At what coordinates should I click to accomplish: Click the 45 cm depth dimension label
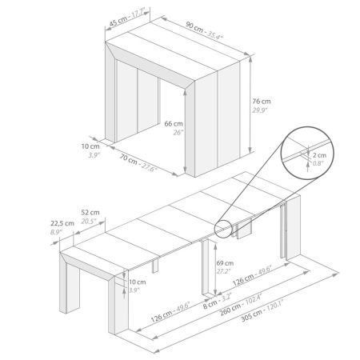(118, 22)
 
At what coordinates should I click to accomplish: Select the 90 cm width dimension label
(194, 27)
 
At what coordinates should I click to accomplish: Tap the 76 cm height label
(262, 102)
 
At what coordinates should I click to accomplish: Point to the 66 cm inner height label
(174, 124)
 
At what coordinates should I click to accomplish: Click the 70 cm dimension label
(128, 159)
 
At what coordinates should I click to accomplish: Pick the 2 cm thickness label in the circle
(319, 155)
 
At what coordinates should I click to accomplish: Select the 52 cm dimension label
(90, 213)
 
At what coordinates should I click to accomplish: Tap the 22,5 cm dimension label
(62, 223)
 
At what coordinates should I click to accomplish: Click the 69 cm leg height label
(225, 263)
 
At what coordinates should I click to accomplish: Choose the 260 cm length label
(230, 310)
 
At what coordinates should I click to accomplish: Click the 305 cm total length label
(251, 316)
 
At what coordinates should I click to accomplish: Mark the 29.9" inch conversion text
(260, 110)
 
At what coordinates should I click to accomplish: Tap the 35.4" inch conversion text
(215, 35)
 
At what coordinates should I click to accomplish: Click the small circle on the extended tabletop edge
(223, 229)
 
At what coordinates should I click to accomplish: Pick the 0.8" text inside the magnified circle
(318, 163)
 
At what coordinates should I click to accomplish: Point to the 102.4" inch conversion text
(254, 299)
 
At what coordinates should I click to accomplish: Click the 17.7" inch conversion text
(138, 14)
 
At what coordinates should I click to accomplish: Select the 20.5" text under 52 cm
(89, 222)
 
